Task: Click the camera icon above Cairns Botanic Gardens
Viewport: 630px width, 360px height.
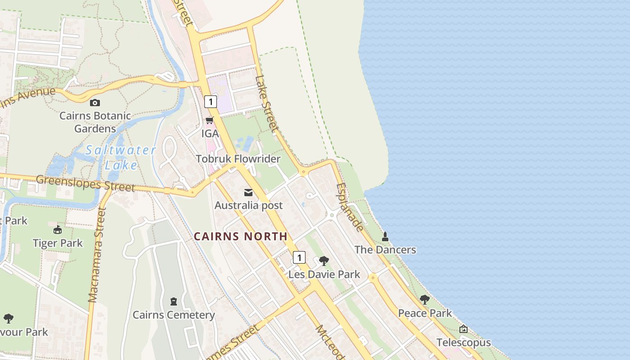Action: (94, 103)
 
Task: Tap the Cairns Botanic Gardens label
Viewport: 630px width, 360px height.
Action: (95, 122)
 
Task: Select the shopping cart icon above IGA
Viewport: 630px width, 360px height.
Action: (209, 121)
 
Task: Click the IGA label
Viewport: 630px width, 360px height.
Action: (210, 134)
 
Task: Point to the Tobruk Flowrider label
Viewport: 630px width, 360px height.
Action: (238, 159)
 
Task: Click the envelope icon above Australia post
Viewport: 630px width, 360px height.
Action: (248, 193)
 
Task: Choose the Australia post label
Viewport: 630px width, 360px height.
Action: (248, 205)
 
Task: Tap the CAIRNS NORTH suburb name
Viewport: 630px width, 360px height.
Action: (240, 236)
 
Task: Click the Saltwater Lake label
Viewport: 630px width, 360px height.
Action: (121, 157)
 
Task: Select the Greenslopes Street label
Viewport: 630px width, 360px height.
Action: (85, 183)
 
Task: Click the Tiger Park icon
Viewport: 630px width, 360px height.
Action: (58, 230)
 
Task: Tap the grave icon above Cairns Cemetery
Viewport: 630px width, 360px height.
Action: (174, 301)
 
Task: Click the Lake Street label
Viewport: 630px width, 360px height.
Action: (266, 103)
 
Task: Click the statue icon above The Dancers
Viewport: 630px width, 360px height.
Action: (385, 237)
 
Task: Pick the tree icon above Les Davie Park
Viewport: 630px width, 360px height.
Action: (324, 261)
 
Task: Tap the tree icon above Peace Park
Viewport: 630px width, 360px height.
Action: (424, 300)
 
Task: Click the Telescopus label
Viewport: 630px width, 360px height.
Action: (463, 343)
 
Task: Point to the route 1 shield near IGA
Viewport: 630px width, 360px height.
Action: (210, 101)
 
